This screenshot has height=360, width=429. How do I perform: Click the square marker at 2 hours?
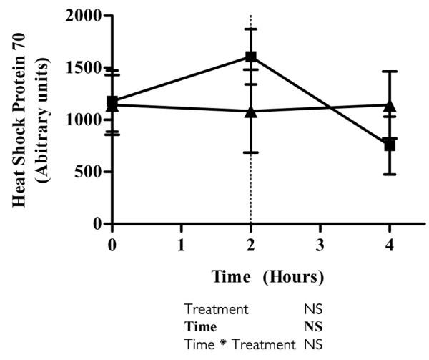click(251, 56)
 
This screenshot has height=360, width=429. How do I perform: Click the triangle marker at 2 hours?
click(251, 111)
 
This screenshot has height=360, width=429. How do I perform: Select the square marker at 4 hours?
click(390, 145)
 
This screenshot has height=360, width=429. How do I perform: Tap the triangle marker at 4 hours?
click(390, 105)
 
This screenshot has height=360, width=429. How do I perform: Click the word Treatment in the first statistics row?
click(217, 310)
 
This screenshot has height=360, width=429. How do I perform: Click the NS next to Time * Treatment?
click(313, 344)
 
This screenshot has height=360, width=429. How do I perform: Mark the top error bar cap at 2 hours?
click(251, 29)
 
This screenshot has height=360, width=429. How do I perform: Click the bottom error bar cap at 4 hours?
click(390, 174)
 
